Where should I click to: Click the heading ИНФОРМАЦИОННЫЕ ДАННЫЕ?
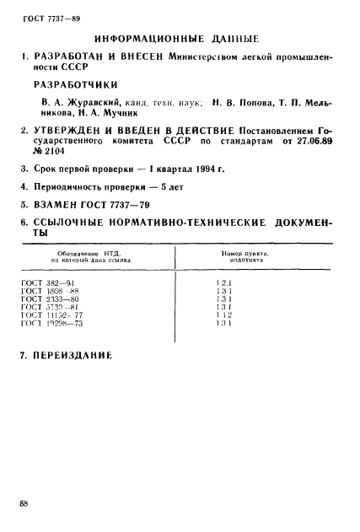tap(176, 40)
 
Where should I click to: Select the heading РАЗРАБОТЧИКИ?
tap(74, 84)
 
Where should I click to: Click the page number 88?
tap(24, 503)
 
